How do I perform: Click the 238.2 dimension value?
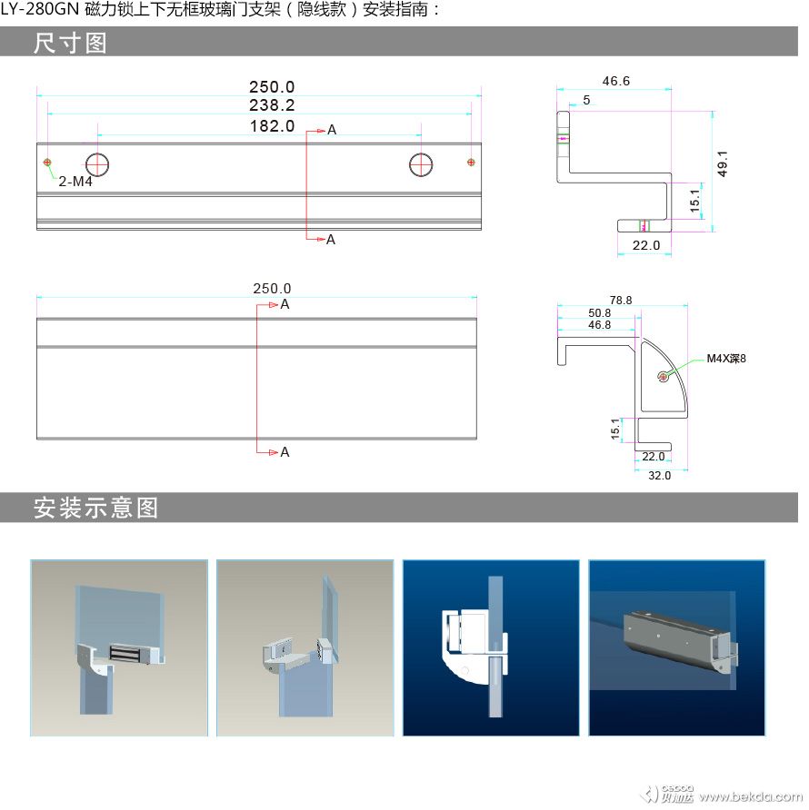[272, 105]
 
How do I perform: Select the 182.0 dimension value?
[272, 126]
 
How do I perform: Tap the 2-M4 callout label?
[75, 182]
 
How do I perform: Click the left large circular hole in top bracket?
[97, 165]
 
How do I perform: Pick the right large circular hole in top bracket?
[421, 165]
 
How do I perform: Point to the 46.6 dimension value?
[616, 81]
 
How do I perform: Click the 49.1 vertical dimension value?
[723, 163]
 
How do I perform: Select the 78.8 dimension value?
[621, 301]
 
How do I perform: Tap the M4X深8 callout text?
[726, 359]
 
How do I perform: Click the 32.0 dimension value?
[660, 476]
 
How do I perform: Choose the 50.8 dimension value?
[600, 313]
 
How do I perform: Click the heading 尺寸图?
[70, 43]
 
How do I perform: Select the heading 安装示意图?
[95, 508]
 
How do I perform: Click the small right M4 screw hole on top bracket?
[471, 163]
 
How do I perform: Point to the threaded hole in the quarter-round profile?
[664, 376]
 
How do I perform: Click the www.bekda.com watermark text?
[751, 796]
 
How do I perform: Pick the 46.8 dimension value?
[600, 325]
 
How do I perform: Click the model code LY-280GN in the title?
[40, 10]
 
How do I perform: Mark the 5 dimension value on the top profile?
[586, 100]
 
